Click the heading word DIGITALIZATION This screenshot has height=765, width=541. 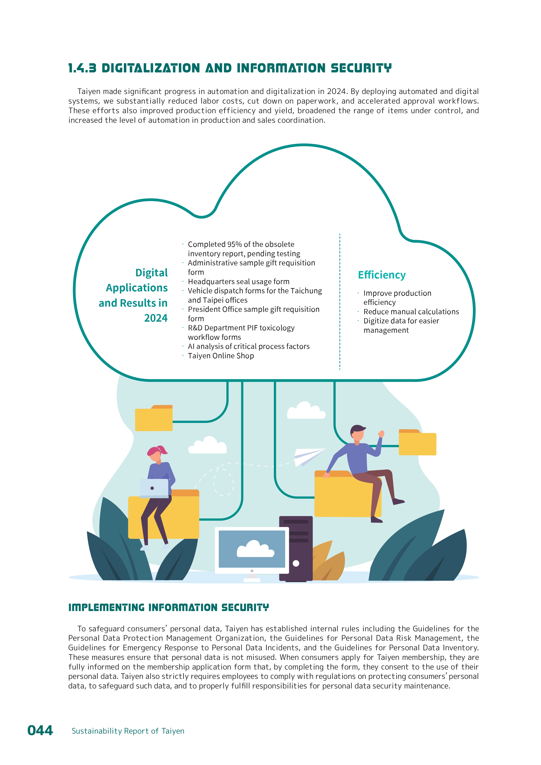tap(151, 68)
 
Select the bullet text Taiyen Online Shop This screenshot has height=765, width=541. tap(221, 356)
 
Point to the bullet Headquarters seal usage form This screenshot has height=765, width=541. tap(239, 282)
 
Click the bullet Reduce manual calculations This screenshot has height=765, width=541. tap(411, 312)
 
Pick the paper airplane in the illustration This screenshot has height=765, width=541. tap(308, 456)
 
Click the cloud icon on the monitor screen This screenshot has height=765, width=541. tap(255, 549)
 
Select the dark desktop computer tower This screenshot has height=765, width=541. tap(296, 548)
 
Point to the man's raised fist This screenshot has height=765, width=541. tap(381, 434)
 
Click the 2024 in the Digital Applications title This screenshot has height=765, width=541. tap(155, 318)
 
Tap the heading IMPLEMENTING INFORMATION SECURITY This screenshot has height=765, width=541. tap(168, 607)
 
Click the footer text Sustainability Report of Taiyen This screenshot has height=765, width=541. tap(128, 731)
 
